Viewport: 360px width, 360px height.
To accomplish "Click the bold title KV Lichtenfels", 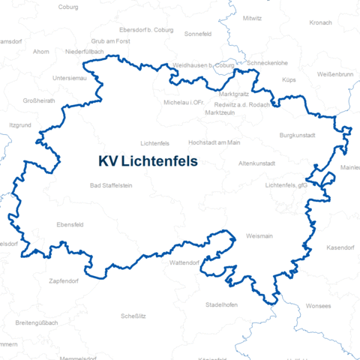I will coord(147,161).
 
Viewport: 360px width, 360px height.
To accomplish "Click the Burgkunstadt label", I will coord(297,135).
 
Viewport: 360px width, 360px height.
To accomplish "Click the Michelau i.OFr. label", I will coord(184,103).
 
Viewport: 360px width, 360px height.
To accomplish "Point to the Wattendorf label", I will coord(184,263).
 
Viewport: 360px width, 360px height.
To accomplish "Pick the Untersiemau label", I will coord(70,78).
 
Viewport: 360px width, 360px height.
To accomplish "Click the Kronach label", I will coord(320,23).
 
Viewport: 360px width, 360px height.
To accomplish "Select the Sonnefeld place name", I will coord(199,34).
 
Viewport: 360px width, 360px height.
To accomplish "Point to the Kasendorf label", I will coord(339,247).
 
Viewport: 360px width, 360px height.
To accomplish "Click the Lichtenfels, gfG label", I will coord(286,184).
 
